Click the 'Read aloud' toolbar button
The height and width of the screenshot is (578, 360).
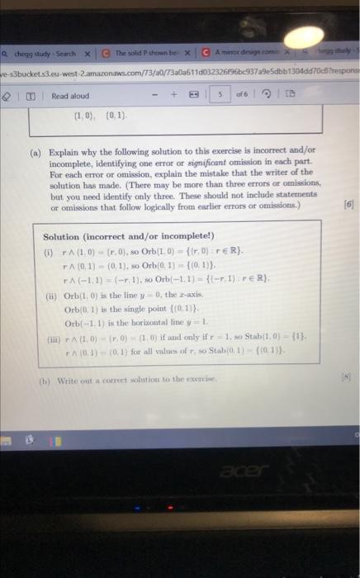click(x=71, y=96)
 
